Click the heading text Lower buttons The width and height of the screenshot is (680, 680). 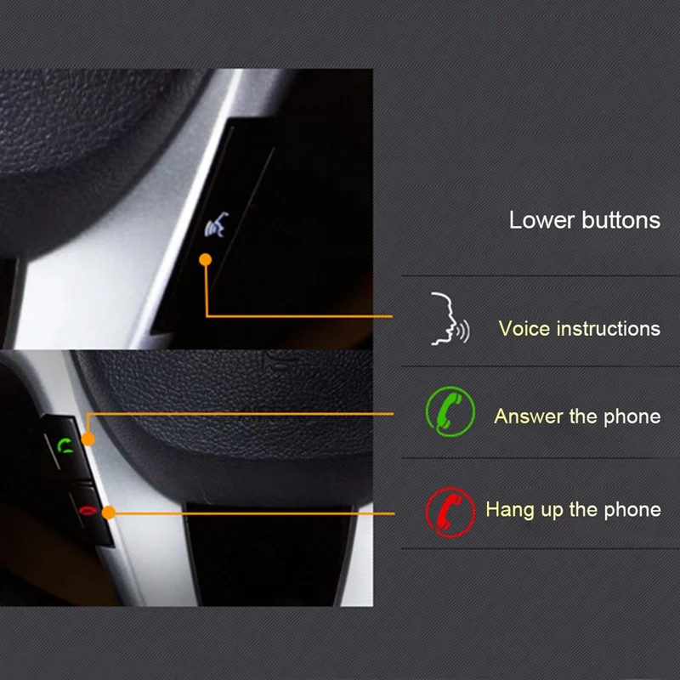pyautogui.click(x=584, y=219)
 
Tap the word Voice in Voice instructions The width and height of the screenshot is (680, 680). pyautogui.click(x=524, y=328)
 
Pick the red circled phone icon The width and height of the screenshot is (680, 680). pyautogui.click(x=448, y=511)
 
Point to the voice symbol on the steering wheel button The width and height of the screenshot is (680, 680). pyautogui.click(x=217, y=226)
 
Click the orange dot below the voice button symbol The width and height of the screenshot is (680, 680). pyautogui.click(x=205, y=258)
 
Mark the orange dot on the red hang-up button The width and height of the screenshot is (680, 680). pyautogui.click(x=108, y=512)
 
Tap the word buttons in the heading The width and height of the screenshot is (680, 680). pyautogui.click(x=620, y=219)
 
